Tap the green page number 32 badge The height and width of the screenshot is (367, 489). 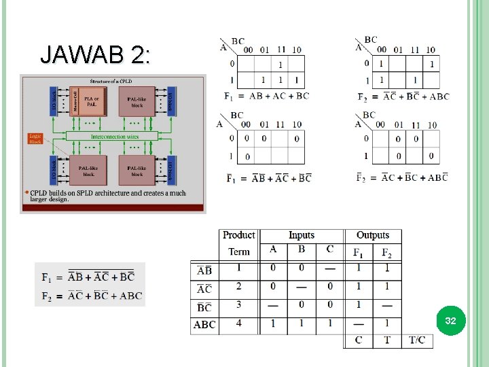pos(450,320)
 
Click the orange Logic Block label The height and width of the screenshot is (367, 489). pos(35,139)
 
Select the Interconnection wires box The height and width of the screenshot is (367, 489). pos(113,137)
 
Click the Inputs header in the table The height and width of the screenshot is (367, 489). pos(301,235)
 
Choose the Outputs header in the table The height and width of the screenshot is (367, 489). pos(372,235)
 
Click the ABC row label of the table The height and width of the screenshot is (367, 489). pos(204,325)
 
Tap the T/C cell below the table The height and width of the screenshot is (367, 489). pos(418,340)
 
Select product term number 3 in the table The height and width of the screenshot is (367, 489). pos(239,304)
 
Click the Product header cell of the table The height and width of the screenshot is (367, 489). pos(239,235)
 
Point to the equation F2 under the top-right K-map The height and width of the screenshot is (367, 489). pos(403,97)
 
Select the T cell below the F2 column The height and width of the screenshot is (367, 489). pos(386,340)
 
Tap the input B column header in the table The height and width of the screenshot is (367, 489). pos(301,249)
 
